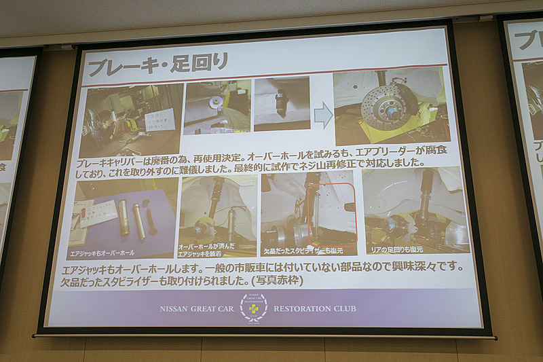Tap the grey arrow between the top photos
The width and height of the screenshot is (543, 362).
point(322,115)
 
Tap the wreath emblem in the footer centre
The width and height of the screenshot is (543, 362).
point(253,307)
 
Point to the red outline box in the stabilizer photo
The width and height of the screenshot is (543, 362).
point(331,214)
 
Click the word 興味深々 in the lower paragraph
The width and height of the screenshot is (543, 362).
point(432,268)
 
